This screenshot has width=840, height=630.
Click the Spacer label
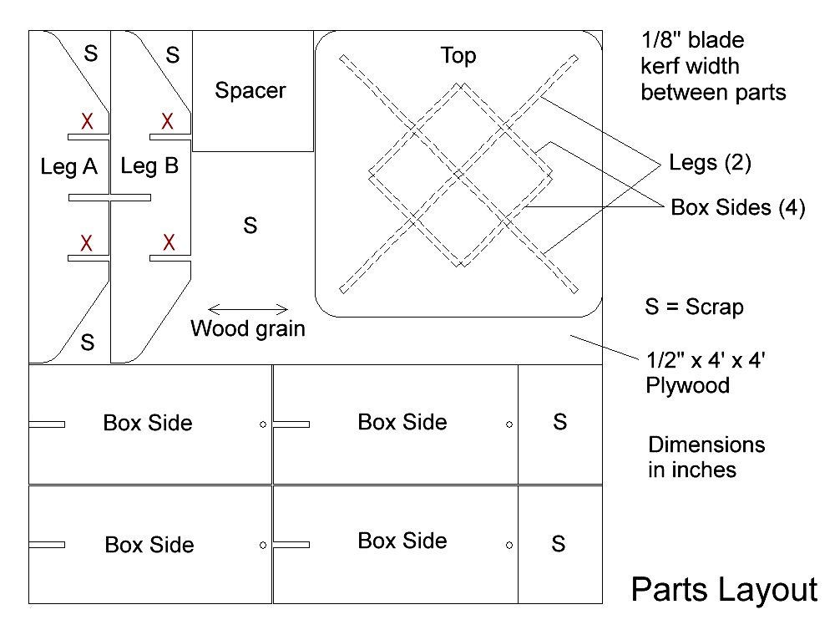[x=250, y=91]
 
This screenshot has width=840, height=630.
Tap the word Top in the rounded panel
[x=458, y=56]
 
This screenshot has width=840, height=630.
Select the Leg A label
[x=69, y=167]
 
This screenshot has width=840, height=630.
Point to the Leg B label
[x=149, y=166]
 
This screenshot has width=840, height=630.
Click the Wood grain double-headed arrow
[x=248, y=309]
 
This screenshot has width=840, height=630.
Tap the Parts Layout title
[x=724, y=591]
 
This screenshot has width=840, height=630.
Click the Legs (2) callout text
[x=711, y=162]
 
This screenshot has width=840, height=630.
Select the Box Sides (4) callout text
[x=738, y=207]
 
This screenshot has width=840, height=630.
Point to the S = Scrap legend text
[x=694, y=307]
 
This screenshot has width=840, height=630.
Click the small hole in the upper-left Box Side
[x=263, y=424]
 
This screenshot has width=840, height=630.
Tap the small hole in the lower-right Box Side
[x=509, y=546]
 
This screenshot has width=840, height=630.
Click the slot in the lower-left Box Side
[x=47, y=545]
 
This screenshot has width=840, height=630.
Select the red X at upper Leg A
[x=88, y=121]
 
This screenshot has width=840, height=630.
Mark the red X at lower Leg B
[x=169, y=243]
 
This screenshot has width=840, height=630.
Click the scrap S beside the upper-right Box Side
[x=559, y=422]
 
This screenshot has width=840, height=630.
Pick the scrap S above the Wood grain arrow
[x=250, y=226]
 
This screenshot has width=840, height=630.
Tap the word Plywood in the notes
[x=688, y=386]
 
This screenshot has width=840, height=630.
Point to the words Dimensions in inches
[x=706, y=457]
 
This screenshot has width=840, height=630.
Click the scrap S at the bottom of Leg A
[x=88, y=342]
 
